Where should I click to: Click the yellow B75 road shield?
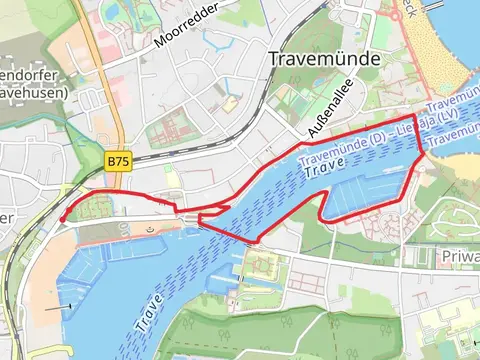118,160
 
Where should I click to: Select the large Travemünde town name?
325,59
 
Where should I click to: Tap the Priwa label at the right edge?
459,257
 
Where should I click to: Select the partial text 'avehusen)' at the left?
35,93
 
